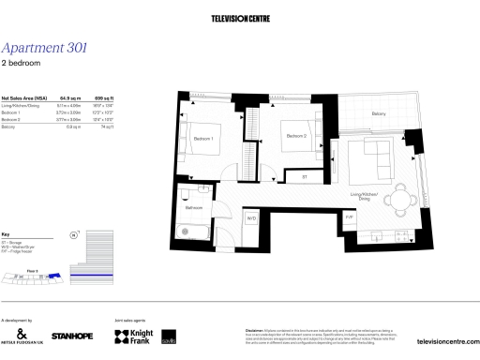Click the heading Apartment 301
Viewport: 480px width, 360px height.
point(45,48)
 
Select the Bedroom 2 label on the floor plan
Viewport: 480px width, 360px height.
point(296,137)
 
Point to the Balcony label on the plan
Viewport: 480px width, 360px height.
point(378,113)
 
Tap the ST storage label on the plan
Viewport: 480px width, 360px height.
point(304,175)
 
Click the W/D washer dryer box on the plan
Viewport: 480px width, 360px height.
point(251,217)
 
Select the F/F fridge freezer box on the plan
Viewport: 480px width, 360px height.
point(349,217)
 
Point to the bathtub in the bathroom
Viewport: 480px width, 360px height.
point(197,230)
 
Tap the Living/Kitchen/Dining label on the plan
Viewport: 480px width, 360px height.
point(362,196)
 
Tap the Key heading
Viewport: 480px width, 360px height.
point(7,233)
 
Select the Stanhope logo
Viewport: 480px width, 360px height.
point(71,336)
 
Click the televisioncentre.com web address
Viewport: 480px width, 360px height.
point(446,341)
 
